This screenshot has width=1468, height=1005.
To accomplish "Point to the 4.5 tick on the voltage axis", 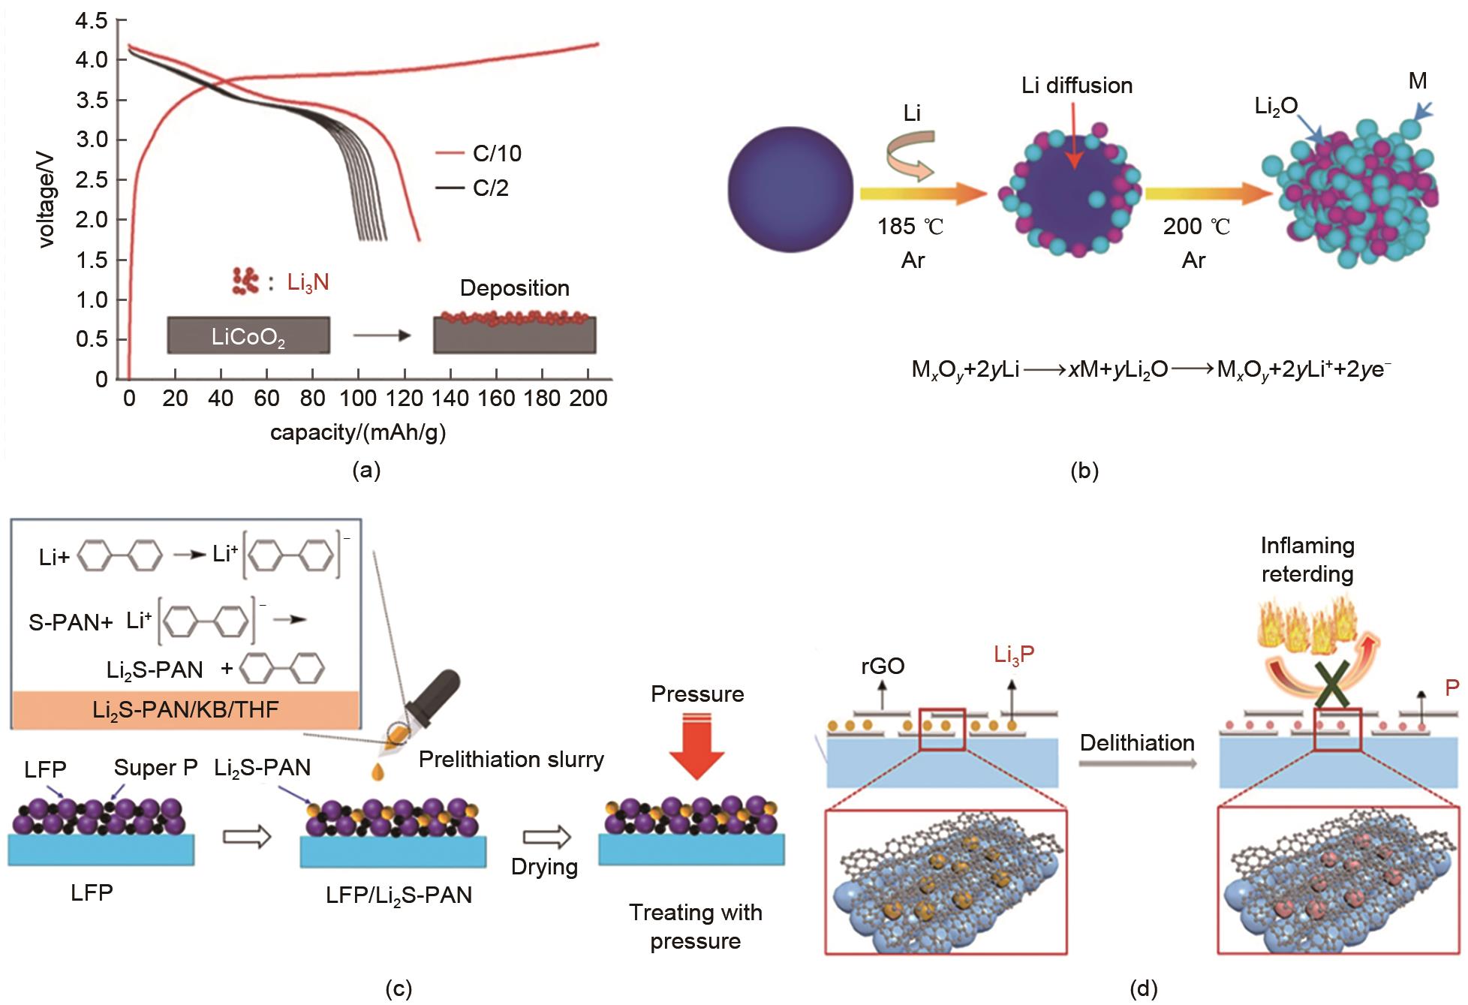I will [x=91, y=20].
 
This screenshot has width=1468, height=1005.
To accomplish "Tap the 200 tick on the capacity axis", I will [x=588, y=398].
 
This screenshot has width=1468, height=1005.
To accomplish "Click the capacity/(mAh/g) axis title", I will [x=358, y=433].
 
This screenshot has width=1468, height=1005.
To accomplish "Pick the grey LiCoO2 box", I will [x=248, y=336].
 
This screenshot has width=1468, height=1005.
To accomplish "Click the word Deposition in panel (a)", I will [x=514, y=288].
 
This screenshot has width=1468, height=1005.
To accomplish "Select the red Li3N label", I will [x=308, y=283].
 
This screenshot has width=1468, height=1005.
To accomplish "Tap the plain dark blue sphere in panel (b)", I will [x=790, y=190].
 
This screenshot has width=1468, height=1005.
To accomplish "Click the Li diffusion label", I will [x=1076, y=86].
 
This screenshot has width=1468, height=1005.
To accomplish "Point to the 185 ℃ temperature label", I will [x=910, y=227].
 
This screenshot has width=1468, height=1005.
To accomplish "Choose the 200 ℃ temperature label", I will [x=1196, y=227].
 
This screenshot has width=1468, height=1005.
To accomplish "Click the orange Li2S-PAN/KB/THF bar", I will [x=185, y=709].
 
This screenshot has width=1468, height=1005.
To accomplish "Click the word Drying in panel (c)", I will [x=544, y=867].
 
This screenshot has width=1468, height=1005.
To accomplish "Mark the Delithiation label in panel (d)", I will [x=1137, y=743].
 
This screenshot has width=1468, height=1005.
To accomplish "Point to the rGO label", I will [x=883, y=666].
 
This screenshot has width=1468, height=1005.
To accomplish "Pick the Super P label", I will [x=155, y=768].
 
